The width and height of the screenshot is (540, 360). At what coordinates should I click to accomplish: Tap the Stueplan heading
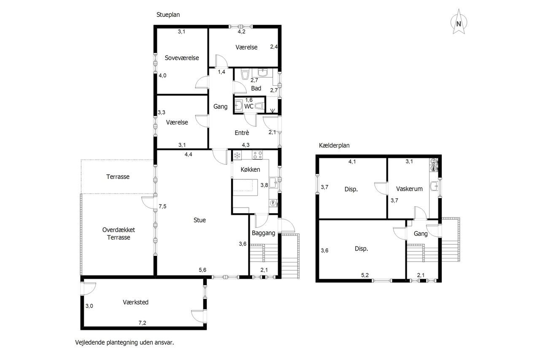[168, 15]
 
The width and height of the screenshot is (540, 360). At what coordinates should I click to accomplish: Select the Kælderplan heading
[334, 146]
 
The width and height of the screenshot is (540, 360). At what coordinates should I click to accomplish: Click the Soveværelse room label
[182, 58]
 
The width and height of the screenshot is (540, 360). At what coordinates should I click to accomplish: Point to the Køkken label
[250, 170]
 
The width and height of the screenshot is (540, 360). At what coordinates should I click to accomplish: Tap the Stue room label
[200, 220]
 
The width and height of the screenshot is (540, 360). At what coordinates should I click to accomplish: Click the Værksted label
[135, 302]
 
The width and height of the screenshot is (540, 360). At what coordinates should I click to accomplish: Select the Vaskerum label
[409, 189]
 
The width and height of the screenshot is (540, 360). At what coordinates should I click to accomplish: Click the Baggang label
[264, 233]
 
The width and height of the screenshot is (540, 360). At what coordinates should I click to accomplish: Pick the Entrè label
[242, 133]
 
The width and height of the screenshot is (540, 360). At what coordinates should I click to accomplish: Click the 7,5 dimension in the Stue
[162, 206]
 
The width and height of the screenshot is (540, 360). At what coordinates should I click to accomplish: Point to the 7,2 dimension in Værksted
[142, 322]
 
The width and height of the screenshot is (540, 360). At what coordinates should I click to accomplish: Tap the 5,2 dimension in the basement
[365, 275]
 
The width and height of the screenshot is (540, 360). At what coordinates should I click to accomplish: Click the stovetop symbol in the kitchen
[257, 155]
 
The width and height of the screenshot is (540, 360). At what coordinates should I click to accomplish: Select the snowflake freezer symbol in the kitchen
[237, 155]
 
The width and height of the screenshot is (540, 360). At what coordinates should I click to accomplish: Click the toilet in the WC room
[259, 106]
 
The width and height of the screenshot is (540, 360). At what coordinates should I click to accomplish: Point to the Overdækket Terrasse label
[119, 234]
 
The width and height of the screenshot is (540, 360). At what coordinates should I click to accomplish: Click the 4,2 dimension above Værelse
[241, 32]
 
